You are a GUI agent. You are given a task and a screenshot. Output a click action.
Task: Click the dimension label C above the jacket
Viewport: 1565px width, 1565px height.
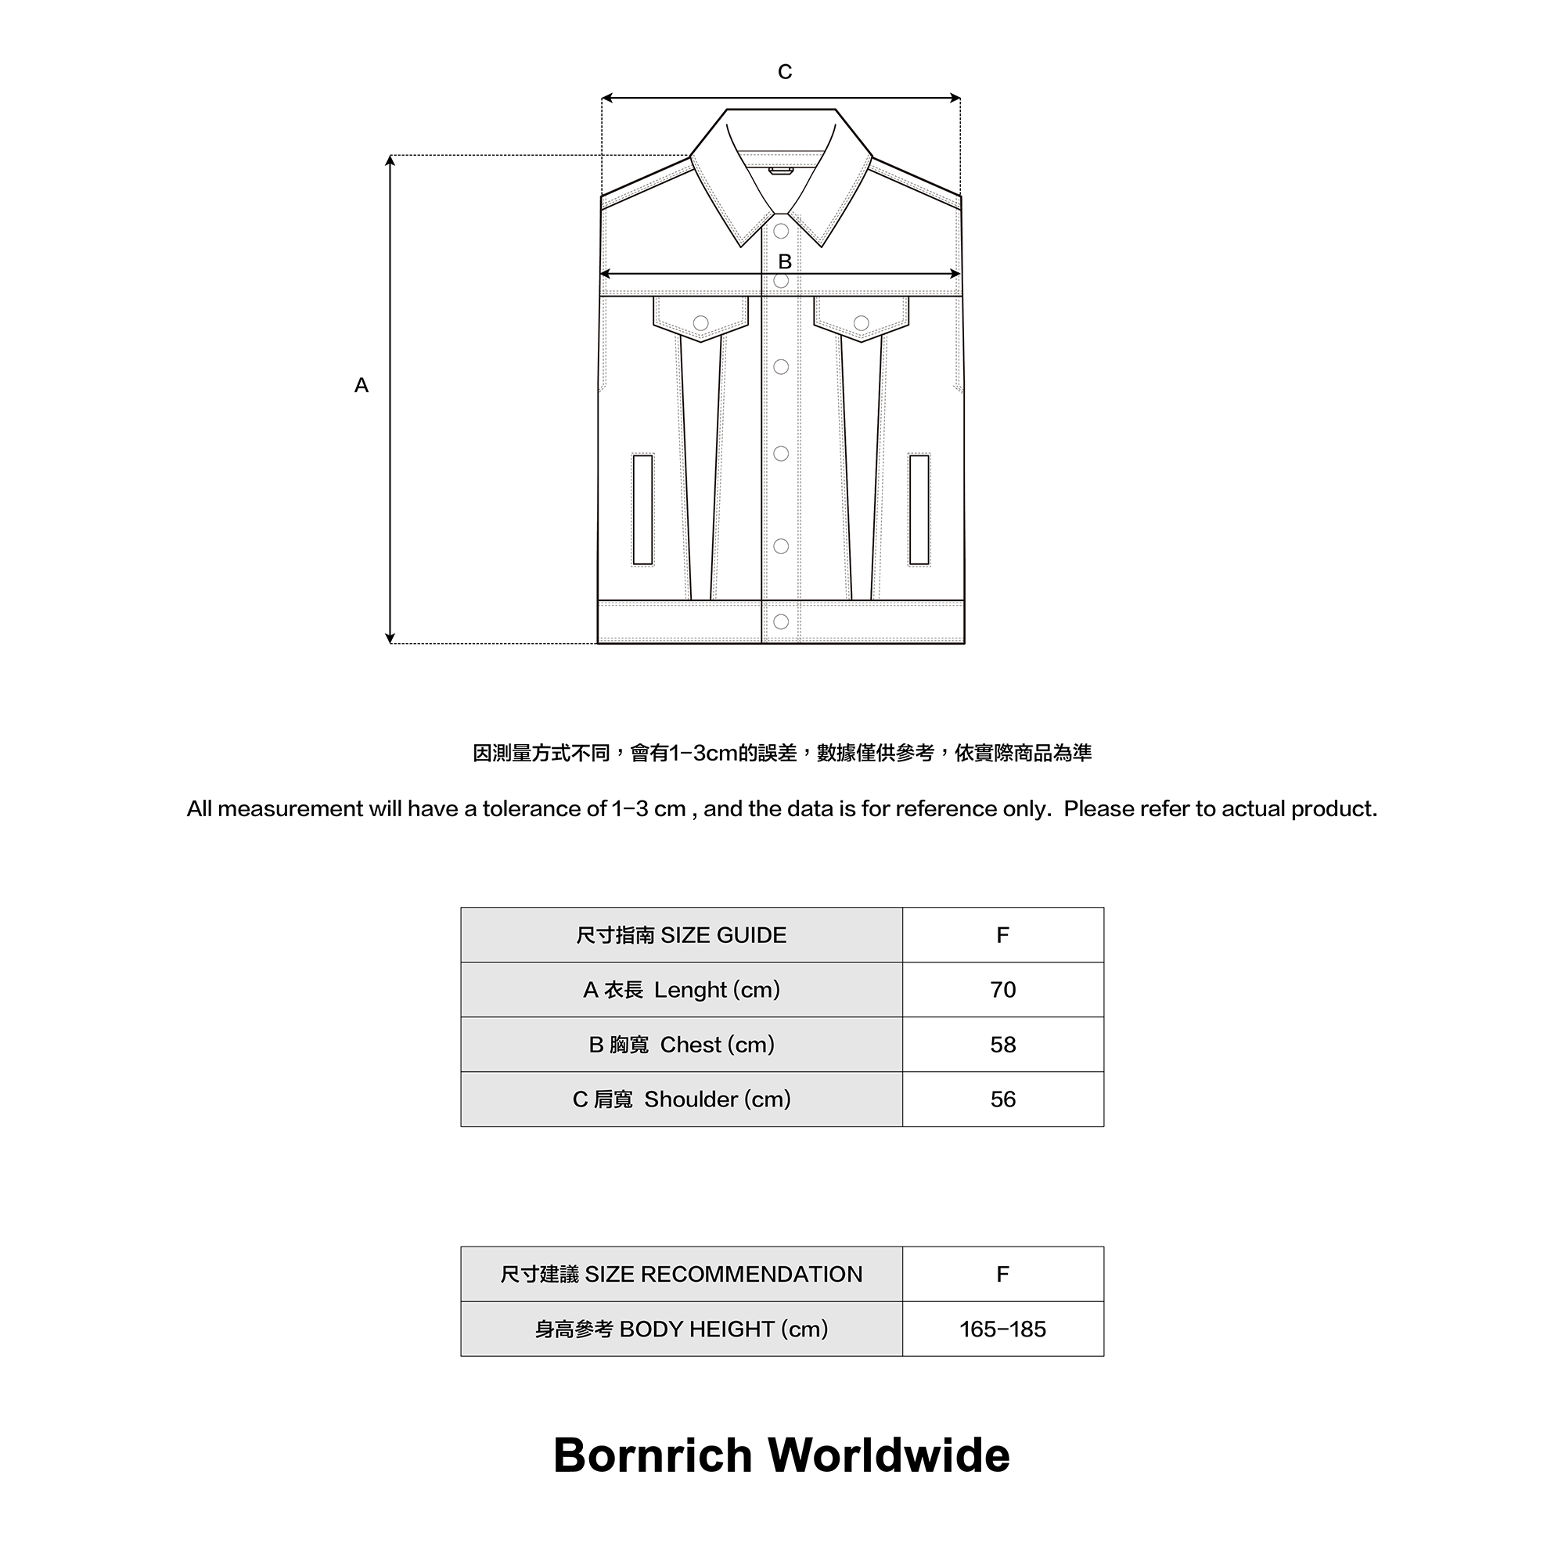coord(784,72)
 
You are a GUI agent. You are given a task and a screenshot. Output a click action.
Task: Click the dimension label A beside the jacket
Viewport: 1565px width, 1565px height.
coord(362,386)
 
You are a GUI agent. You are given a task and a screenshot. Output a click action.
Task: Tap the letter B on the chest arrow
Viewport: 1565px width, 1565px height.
coord(784,261)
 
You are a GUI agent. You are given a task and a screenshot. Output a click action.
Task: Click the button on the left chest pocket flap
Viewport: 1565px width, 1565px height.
coord(700,323)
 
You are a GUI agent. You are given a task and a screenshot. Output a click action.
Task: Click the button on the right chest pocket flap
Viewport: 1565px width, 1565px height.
coord(861,323)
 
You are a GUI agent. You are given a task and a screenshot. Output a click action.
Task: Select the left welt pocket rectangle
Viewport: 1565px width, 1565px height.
coord(642,509)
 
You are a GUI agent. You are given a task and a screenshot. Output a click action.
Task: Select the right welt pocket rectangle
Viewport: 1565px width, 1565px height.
coord(919,509)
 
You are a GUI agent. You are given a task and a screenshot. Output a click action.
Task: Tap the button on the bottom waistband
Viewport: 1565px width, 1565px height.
coord(781,621)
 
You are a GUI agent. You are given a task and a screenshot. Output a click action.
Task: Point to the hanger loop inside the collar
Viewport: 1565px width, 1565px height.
coord(781,170)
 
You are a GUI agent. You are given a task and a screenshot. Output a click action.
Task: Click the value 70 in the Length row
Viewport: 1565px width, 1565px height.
coord(1002,989)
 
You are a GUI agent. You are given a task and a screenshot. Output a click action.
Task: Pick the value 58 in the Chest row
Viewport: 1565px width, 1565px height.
coord(1002,1044)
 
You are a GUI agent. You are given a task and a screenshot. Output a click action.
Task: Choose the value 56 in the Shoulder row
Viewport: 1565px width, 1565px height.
coord(1002,1099)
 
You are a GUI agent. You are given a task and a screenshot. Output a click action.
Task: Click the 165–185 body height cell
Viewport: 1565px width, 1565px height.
coord(1002,1329)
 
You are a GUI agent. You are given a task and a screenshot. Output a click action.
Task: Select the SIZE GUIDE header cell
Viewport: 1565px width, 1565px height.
coord(682,935)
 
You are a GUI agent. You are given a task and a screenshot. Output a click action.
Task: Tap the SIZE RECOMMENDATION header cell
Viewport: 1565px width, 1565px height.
coord(682,1274)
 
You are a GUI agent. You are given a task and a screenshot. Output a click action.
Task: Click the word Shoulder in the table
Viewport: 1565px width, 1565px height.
coord(691,1099)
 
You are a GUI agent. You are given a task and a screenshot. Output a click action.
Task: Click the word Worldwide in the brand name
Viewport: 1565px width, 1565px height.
coord(889,1455)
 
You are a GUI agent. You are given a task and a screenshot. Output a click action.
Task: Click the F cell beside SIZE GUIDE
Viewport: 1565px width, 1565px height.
coord(1002,935)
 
